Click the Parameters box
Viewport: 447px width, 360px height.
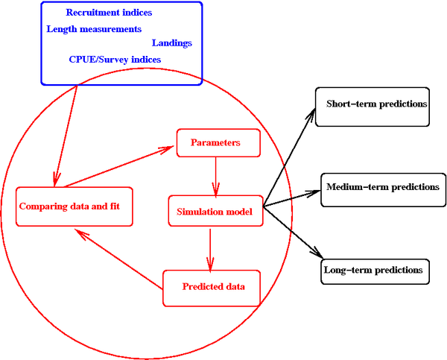(218, 143)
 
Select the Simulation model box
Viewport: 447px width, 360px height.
(215, 212)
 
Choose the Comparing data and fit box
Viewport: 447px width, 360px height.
(74, 206)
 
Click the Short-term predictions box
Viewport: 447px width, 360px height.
(376, 103)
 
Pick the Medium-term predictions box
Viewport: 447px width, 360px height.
(382, 186)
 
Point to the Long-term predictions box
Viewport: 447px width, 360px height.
(375, 270)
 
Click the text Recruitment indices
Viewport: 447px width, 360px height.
(109, 13)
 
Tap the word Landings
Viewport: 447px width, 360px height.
(171, 43)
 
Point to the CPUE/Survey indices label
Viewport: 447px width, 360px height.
(115, 60)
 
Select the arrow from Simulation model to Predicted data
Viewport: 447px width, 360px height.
(210, 249)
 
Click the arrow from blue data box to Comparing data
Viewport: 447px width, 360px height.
(66, 134)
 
